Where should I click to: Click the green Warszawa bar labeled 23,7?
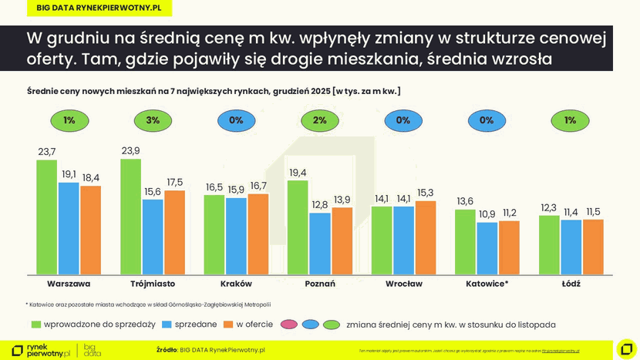click(47, 217)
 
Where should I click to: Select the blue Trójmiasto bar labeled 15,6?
click(153, 237)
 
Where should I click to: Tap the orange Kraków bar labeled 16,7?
click(258, 234)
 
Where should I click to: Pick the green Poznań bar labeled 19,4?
click(298, 227)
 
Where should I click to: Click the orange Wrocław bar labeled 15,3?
click(426, 237)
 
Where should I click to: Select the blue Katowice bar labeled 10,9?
click(487, 248)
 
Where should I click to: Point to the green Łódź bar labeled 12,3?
click(549, 244)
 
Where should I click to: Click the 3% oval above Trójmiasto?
click(153, 120)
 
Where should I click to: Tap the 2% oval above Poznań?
click(320, 120)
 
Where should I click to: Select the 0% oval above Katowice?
click(487, 120)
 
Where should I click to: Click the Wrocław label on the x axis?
click(403, 284)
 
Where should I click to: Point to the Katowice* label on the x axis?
click(487, 284)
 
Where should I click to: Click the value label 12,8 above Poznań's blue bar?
click(320, 204)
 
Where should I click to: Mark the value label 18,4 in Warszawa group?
click(91, 177)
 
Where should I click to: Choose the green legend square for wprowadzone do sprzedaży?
click(35, 325)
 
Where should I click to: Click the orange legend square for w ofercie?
click(228, 325)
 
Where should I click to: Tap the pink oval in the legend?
click(289, 325)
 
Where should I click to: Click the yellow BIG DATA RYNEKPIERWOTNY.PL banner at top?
click(99, 8)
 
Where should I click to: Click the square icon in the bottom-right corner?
click(627, 349)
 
